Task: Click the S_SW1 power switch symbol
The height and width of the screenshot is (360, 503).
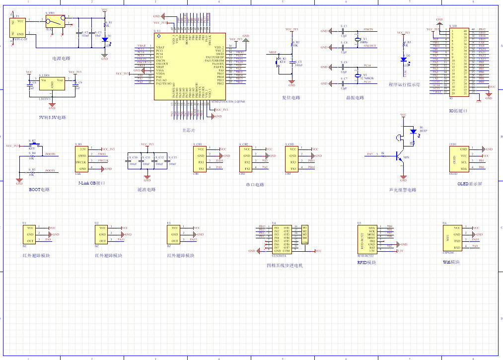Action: tap(55, 21)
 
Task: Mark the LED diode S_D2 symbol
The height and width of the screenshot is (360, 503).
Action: tap(403, 59)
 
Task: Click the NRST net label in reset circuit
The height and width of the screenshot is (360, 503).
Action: tap(272, 52)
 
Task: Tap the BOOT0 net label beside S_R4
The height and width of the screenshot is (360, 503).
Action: tap(50, 154)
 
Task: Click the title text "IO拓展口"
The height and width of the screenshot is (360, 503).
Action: tap(458, 111)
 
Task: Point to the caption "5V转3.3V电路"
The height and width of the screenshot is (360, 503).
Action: tap(52, 118)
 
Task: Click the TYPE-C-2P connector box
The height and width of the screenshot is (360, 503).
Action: tap(18, 27)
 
